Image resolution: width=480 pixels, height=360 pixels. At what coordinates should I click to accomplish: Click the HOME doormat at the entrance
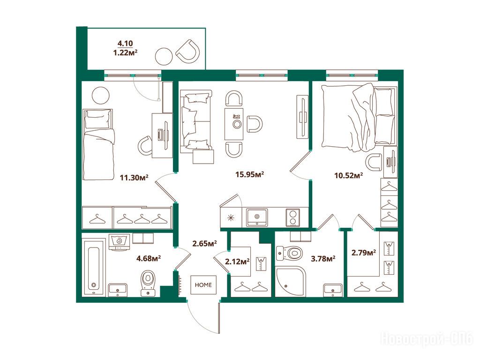203,285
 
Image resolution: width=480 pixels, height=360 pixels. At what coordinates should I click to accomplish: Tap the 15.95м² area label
249,174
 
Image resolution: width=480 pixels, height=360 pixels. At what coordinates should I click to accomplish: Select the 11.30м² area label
134,177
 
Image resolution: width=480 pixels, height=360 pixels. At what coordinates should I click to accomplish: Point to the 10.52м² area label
348,176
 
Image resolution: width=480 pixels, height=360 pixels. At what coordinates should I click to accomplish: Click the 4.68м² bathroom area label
149,259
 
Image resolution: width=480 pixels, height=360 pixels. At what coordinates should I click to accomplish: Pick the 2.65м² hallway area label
204,244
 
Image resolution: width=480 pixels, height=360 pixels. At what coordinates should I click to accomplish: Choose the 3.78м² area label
323,259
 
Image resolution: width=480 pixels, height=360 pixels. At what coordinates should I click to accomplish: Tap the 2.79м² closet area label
364,253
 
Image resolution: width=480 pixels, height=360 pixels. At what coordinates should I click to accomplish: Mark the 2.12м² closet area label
237,262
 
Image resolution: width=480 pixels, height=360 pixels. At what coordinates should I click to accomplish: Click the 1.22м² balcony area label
125,52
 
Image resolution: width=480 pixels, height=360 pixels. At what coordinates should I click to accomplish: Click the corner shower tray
291,281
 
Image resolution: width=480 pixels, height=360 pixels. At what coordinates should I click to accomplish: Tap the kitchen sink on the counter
257,217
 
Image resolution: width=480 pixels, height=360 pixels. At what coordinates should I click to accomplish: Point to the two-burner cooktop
293,217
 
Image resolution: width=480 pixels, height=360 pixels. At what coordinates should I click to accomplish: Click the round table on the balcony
164,56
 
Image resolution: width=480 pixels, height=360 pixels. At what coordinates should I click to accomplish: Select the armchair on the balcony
188,51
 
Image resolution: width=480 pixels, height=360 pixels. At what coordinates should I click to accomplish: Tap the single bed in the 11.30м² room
98,144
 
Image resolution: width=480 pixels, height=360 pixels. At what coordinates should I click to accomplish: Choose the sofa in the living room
195,121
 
